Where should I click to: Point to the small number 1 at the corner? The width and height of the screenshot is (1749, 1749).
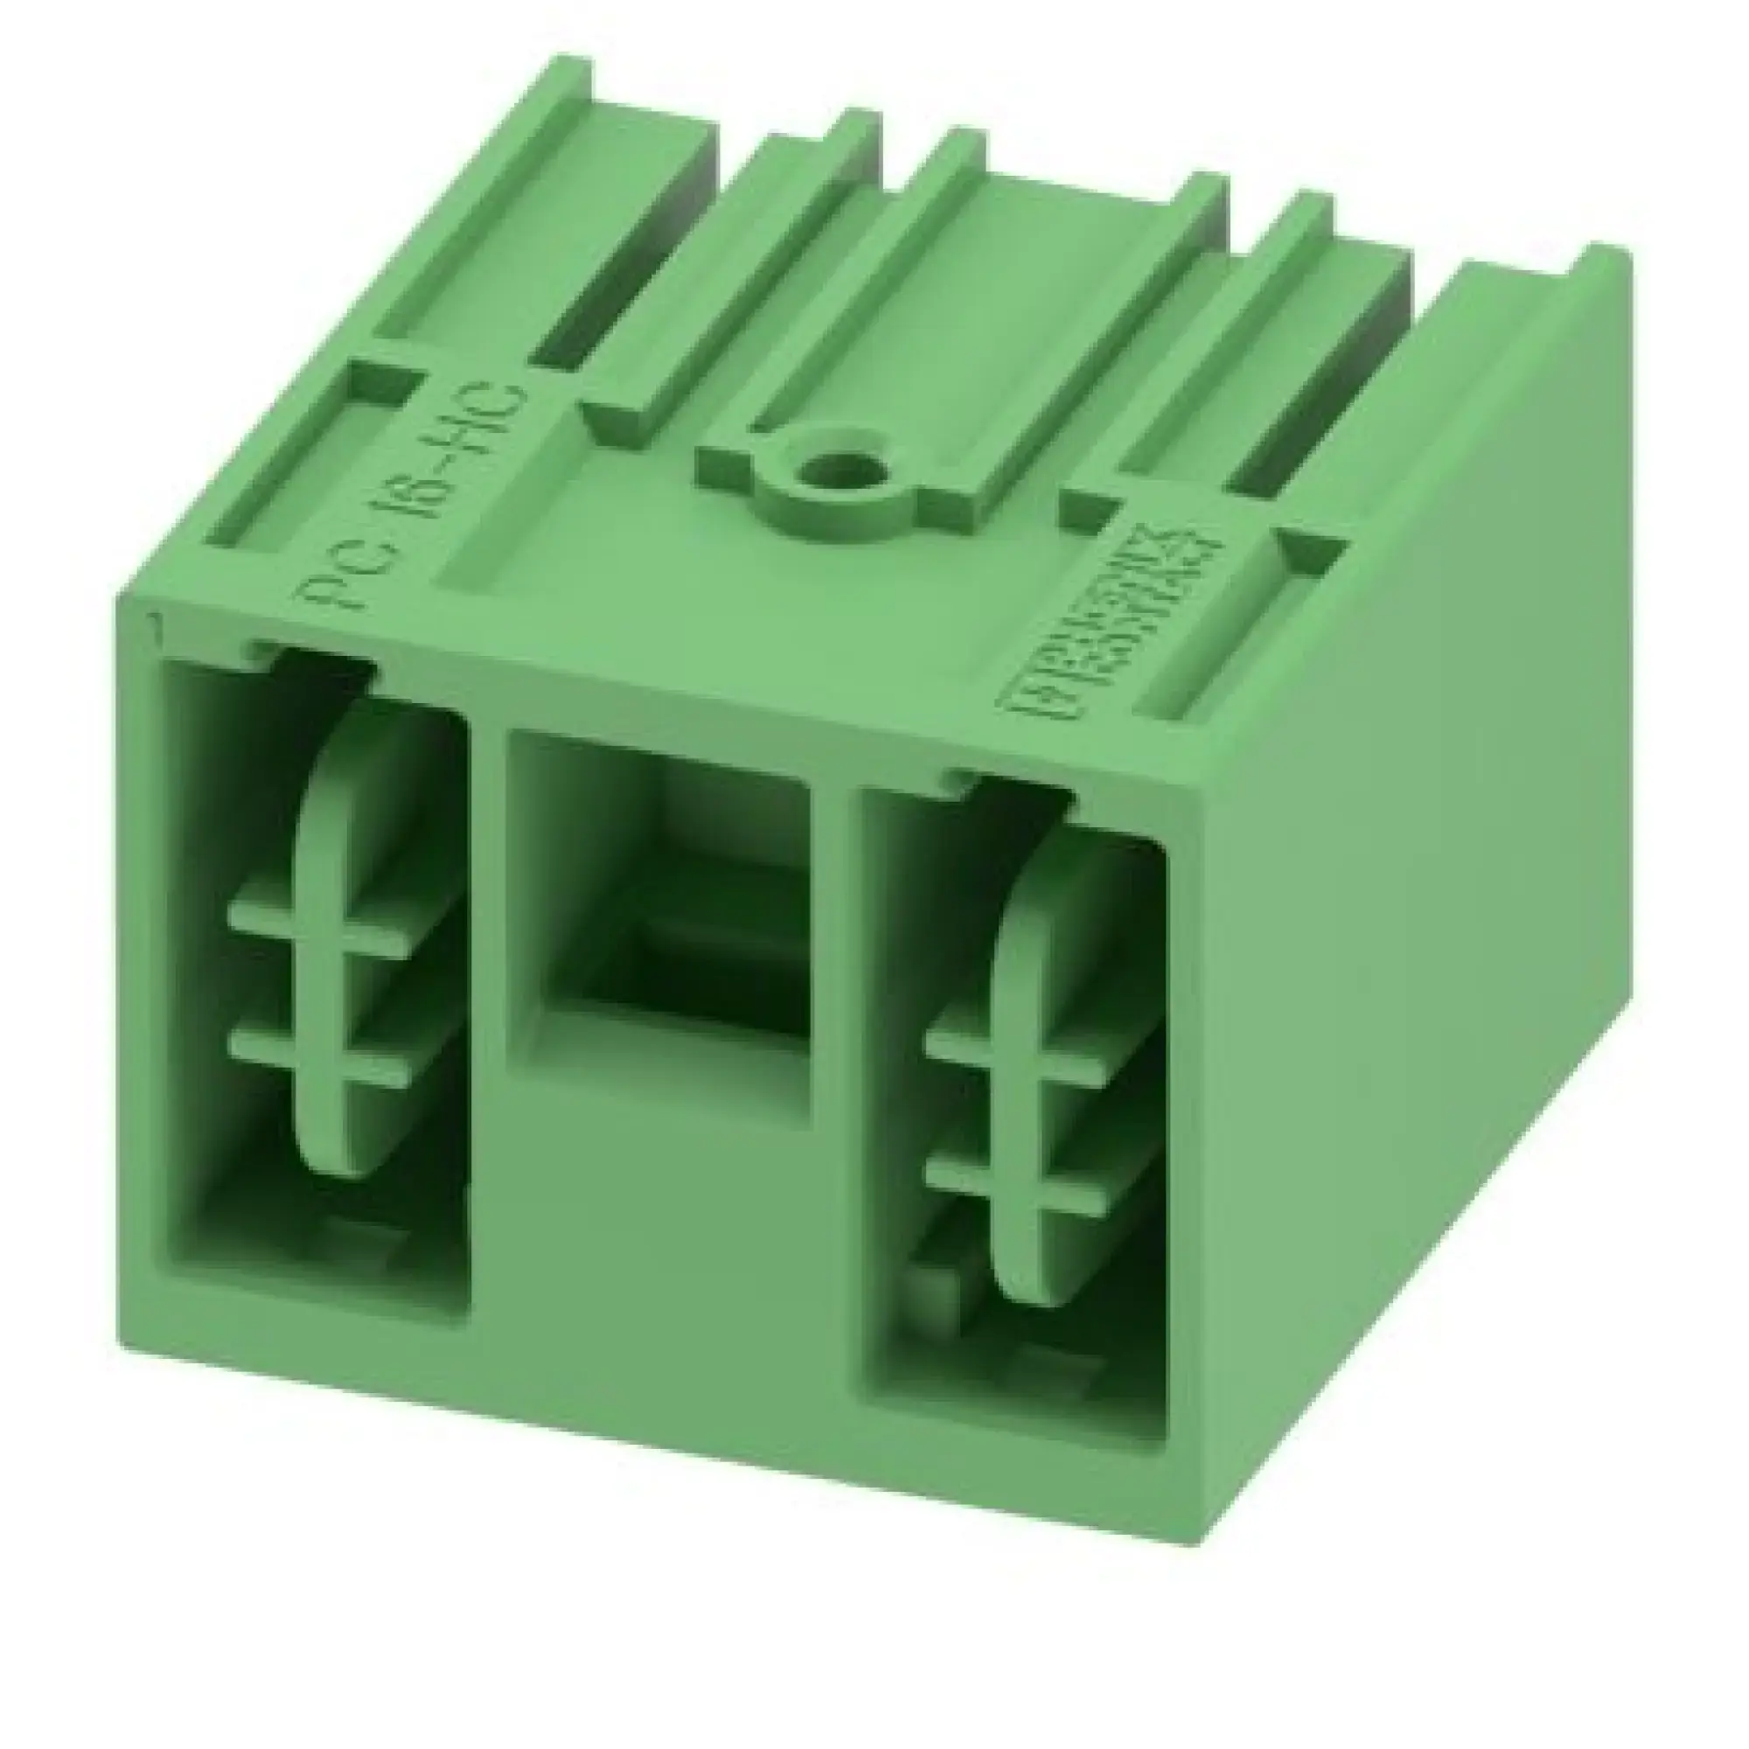(x=157, y=624)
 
